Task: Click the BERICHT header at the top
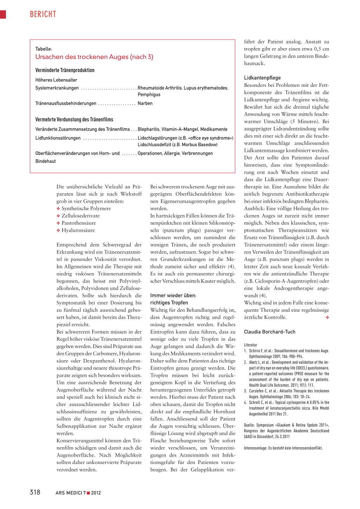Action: pyautogui.click(x=43, y=14)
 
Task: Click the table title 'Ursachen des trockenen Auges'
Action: pyautogui.click(x=94, y=57)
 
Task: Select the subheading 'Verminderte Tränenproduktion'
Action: pyautogui.click(x=65, y=70)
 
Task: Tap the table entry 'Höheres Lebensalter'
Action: pyautogui.click(x=56, y=80)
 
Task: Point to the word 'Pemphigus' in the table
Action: pyautogui.click(x=149, y=95)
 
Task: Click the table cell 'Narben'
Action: pyautogui.click(x=145, y=103)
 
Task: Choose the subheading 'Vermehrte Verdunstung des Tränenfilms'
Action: pyautogui.click(x=74, y=120)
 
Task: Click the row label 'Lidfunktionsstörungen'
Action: pyautogui.click(x=58, y=138)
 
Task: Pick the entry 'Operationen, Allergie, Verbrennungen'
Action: pyautogui.click(x=175, y=153)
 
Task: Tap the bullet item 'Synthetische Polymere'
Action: pyautogui.click(x=86, y=208)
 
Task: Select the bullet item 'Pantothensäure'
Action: pyautogui.click(x=79, y=223)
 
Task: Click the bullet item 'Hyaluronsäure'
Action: pyautogui.click(x=78, y=230)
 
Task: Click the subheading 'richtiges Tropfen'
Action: pyautogui.click(x=169, y=303)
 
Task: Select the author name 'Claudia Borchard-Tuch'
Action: pyautogui.click(x=270, y=332)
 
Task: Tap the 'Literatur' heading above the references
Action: pyautogui.click(x=251, y=345)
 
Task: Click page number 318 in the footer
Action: pyautogui.click(x=35, y=492)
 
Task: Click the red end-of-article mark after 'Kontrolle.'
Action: pyautogui.click(x=327, y=317)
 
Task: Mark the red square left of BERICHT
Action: pyautogui.click(x=3, y=14)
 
